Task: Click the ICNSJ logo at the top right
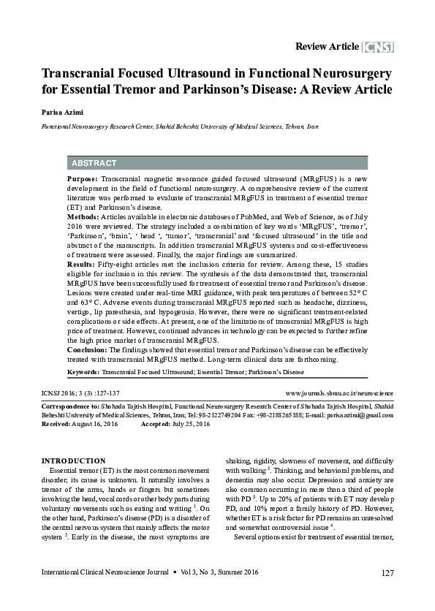coord(378,48)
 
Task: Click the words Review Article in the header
coord(327,48)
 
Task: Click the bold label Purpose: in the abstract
coord(83,179)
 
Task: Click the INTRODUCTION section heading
coord(74,460)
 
